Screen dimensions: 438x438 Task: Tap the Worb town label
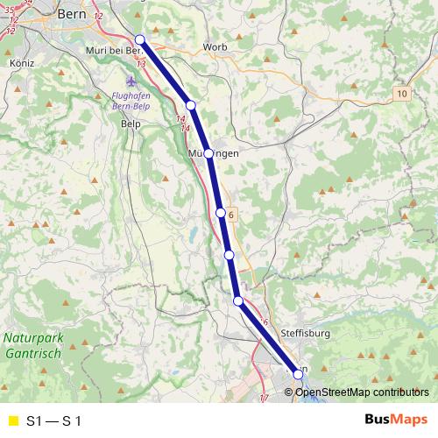pyautogui.click(x=215, y=46)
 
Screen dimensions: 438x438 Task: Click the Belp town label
pyautogui.click(x=130, y=124)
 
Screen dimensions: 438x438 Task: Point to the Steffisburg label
pyautogui.click(x=305, y=334)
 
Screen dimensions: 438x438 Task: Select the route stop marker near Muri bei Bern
pyautogui.click(x=140, y=39)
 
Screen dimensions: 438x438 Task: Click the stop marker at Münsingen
pyautogui.click(x=208, y=153)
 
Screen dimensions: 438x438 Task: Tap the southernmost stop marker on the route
pyautogui.click(x=299, y=375)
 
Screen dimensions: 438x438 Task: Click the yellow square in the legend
pyautogui.click(x=12, y=420)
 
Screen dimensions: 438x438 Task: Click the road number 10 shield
pyautogui.click(x=401, y=93)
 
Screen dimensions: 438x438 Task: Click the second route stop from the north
pyautogui.click(x=191, y=105)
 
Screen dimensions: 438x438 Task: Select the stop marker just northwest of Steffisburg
pyautogui.click(x=238, y=301)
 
